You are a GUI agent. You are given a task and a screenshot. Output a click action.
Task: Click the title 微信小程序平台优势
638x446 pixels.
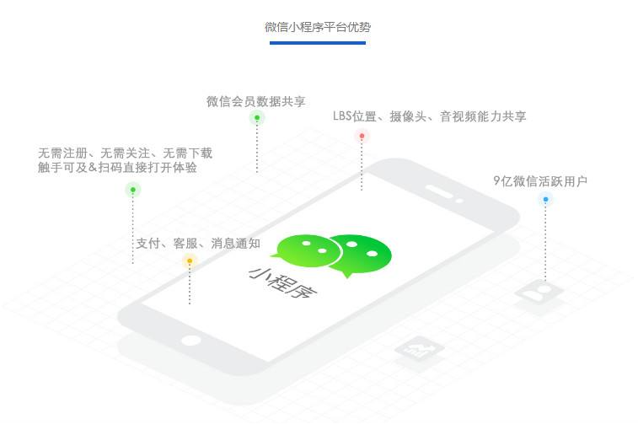pos(318,27)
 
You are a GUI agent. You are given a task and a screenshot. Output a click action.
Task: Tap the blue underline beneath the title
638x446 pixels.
pos(318,42)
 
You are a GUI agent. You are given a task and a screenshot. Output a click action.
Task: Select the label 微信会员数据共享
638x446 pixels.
pos(256,101)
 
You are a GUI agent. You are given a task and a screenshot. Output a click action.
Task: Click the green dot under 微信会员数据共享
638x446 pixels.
pos(257,118)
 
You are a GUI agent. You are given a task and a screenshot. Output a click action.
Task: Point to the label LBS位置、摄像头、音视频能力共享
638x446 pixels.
pos(430,116)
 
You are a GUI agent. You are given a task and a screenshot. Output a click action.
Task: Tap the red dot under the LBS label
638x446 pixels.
pos(362,136)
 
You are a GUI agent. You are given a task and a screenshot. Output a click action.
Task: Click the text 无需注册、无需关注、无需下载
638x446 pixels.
pos(125,153)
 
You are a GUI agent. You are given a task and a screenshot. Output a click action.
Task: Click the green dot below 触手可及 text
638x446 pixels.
pos(132,190)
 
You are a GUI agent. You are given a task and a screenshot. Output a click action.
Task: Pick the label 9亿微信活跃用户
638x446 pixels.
pos(540,180)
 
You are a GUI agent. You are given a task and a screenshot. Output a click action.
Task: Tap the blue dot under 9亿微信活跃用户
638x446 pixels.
pos(545,200)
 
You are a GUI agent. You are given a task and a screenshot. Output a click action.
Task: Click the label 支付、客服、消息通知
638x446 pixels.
pos(198,244)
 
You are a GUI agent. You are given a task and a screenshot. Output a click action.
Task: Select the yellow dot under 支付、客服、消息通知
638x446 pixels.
pos(190,261)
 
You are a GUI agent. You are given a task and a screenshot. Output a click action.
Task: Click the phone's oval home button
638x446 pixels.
pos(192,341)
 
